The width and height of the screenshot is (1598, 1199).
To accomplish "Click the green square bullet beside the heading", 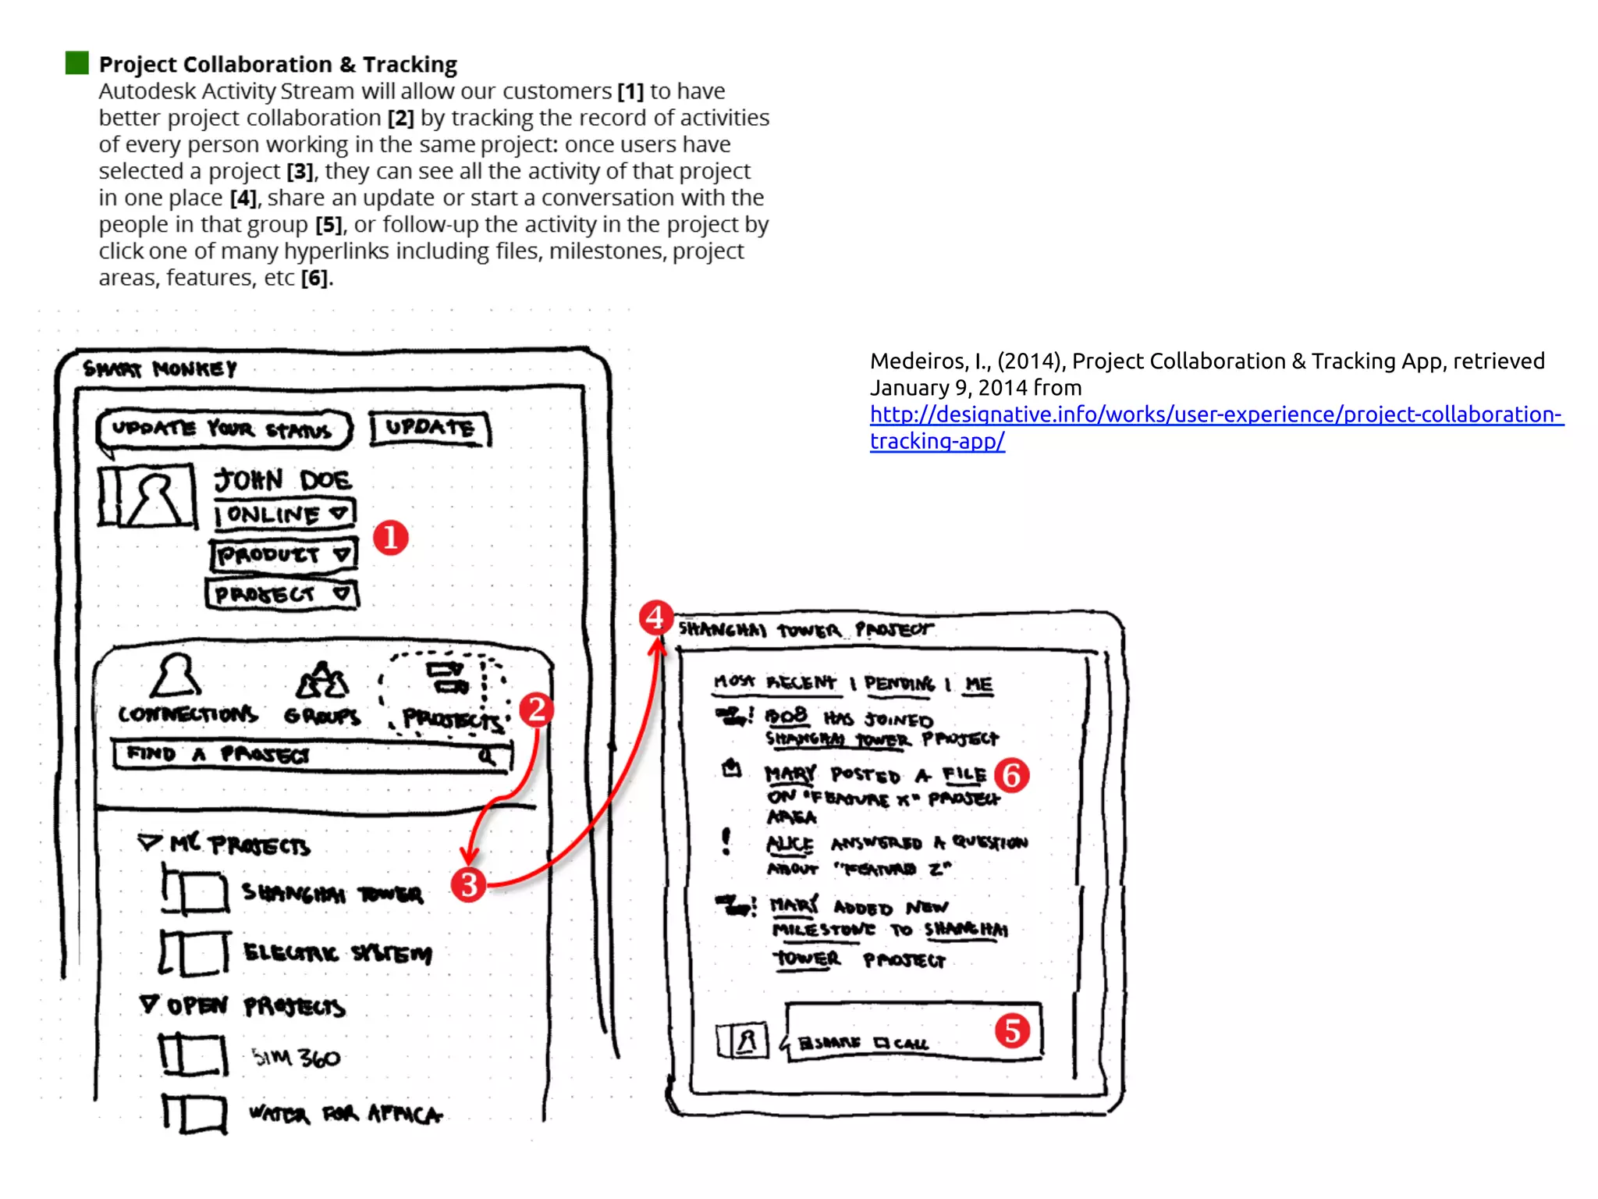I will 77,62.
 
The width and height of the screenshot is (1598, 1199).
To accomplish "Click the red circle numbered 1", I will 390,538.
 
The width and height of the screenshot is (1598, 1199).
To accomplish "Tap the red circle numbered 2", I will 537,710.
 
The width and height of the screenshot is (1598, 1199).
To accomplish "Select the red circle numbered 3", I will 468,884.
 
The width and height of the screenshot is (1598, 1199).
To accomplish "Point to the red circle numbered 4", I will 655,617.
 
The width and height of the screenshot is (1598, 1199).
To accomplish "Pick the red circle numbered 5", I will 1012,1030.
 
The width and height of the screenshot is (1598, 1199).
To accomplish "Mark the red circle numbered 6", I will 1011,775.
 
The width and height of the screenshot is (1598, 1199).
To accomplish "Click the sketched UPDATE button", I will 430,429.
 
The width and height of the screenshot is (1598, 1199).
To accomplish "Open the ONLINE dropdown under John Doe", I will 285,514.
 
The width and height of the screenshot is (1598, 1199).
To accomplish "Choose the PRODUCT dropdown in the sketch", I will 283,555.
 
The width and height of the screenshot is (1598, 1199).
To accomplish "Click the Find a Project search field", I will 312,755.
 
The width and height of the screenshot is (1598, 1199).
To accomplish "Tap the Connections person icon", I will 176,676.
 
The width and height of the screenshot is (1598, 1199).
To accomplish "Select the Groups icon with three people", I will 322,681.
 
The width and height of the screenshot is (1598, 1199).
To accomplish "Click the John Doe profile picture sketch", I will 147,496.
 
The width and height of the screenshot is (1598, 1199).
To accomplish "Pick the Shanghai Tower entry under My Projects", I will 332,892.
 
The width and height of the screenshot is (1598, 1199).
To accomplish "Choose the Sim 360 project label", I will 296,1058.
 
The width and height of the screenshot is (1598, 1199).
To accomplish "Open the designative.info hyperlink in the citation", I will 1216,414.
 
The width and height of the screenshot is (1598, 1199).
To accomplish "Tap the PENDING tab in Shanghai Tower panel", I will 899,684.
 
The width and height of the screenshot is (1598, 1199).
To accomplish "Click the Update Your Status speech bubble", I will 223,429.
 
